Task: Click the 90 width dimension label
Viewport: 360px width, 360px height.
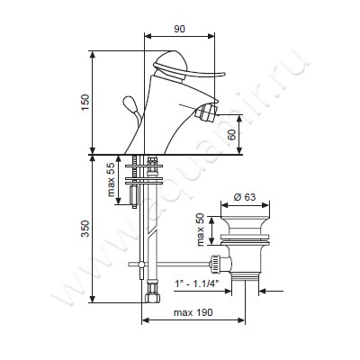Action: point(179,29)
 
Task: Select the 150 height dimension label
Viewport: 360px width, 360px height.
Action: point(85,103)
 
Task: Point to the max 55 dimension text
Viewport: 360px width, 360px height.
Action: point(111,180)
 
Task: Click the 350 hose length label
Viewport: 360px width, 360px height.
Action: point(85,229)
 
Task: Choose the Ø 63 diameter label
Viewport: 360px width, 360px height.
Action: point(245,197)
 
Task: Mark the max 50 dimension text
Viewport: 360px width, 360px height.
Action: point(201,229)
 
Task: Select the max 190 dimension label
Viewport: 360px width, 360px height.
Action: point(193,312)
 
